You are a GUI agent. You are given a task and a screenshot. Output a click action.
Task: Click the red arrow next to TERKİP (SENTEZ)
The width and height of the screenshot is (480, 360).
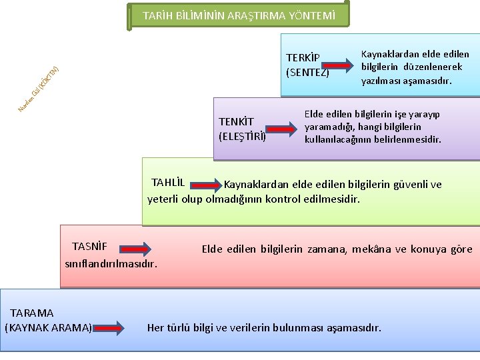[341, 65]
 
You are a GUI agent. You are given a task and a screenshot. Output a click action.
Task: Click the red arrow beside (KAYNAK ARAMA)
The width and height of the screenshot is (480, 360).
[109, 327]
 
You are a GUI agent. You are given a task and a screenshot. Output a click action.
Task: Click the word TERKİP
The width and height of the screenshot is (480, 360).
[303, 58]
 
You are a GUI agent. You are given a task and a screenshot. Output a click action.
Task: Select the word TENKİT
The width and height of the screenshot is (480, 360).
[237, 122]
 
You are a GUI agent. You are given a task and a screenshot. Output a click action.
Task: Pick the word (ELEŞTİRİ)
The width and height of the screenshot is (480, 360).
[243, 137]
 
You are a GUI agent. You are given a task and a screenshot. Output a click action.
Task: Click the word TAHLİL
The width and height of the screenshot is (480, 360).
[168, 183]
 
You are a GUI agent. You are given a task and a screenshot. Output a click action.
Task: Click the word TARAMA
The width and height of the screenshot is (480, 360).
[32, 313]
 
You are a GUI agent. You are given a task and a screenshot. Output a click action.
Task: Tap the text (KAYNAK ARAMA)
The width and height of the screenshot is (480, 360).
[48, 327]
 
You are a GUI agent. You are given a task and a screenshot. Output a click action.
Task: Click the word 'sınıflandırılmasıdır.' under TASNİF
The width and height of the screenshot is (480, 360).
[111, 263]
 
